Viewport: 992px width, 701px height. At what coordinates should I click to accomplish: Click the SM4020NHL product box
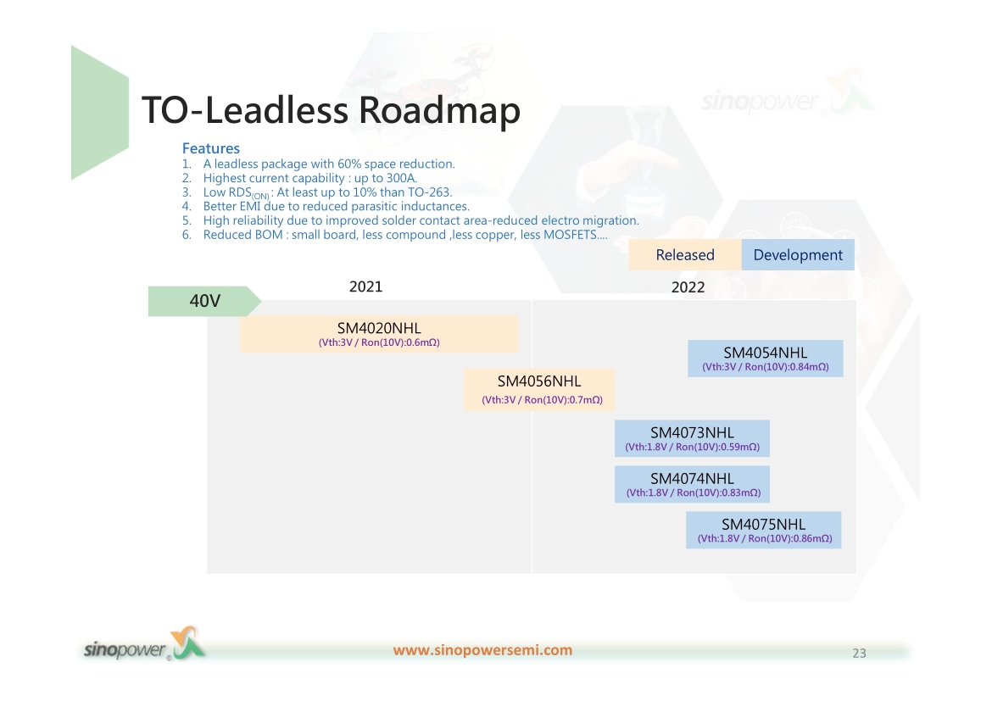pyautogui.click(x=379, y=334)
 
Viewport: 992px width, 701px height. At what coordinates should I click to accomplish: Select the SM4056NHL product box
pyautogui.click(x=539, y=390)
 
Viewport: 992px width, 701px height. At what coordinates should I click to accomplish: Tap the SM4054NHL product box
pyautogui.click(x=766, y=359)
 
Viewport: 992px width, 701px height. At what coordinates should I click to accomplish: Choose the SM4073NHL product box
pyautogui.click(x=692, y=438)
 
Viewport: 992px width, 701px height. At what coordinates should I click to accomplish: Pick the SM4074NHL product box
pyautogui.click(x=692, y=485)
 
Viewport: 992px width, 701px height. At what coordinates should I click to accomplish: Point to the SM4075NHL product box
pyautogui.click(x=764, y=530)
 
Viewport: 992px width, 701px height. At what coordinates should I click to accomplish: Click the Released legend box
pyautogui.click(x=685, y=255)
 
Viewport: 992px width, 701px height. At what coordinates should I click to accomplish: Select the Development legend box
pyautogui.click(x=798, y=255)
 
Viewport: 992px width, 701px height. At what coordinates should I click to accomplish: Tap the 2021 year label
pyautogui.click(x=365, y=287)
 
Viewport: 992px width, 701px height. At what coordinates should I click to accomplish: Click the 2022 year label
pyautogui.click(x=688, y=287)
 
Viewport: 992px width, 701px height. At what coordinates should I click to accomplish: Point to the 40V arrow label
pyautogui.click(x=204, y=301)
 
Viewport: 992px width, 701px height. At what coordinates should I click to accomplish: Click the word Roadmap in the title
pyautogui.click(x=440, y=111)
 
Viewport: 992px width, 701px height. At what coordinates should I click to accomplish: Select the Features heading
pyautogui.click(x=210, y=148)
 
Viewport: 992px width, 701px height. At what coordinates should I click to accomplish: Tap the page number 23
pyautogui.click(x=859, y=654)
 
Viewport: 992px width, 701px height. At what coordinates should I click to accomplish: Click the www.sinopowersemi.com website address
pyautogui.click(x=482, y=650)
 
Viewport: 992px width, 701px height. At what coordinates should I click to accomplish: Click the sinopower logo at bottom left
pyautogui.click(x=145, y=645)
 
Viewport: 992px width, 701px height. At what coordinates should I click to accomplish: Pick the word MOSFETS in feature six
pyautogui.click(x=570, y=235)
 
